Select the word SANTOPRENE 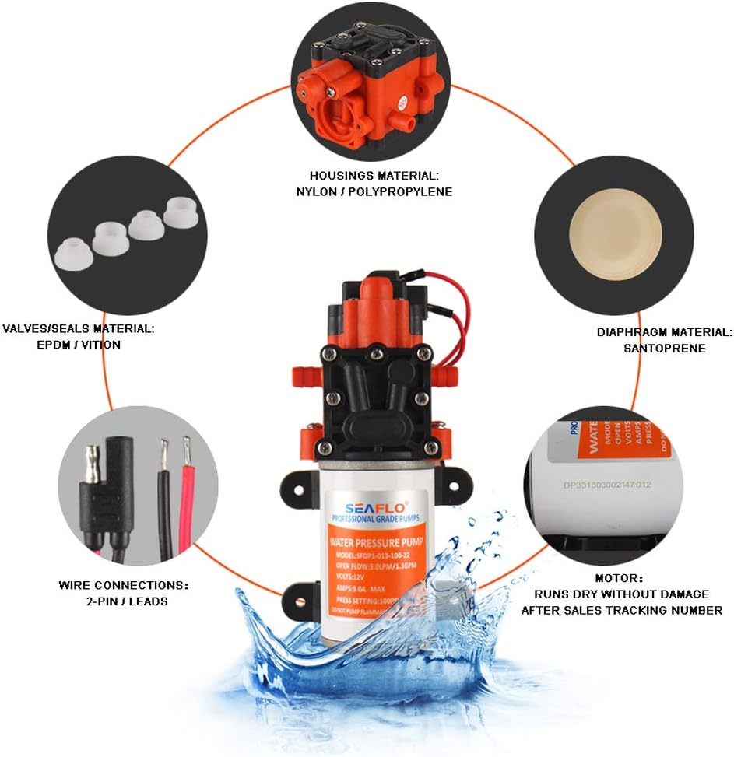664,348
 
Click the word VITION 99,344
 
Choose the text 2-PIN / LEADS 125,601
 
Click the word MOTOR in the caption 619,578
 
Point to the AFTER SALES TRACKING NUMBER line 621,610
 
